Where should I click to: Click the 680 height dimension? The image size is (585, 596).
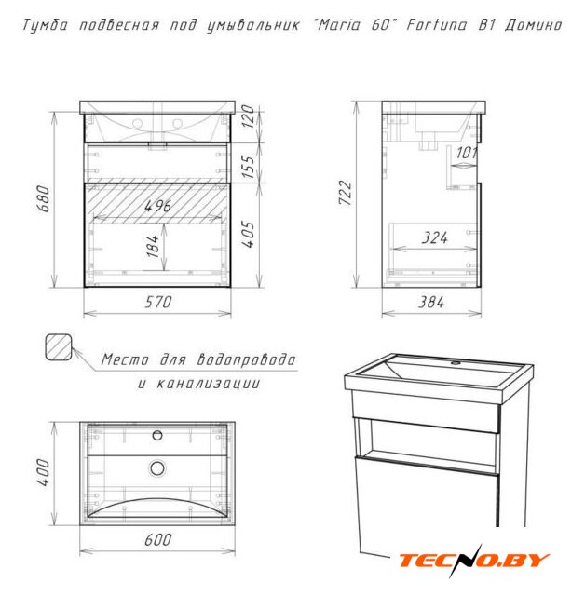(44, 198)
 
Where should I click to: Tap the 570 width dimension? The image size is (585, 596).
(158, 302)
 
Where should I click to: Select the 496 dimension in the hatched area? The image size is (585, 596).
(157, 206)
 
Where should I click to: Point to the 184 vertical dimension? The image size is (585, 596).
(153, 246)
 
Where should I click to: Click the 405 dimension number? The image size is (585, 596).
(248, 234)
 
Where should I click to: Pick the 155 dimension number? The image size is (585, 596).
(248, 167)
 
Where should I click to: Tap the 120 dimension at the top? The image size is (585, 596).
(248, 116)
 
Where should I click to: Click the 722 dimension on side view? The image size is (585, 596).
(346, 193)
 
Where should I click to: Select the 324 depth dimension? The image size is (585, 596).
(434, 237)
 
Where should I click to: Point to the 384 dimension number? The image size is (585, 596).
(431, 302)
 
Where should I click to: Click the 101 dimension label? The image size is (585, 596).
(466, 153)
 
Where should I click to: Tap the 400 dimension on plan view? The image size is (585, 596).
(44, 472)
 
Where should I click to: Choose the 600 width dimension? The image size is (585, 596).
(158, 539)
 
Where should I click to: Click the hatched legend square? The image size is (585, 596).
(59, 347)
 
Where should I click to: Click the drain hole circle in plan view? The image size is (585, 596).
(157, 468)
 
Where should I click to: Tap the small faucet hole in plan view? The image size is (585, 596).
(157, 435)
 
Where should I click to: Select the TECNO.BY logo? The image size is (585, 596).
(474, 561)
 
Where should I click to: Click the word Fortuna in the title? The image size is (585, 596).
(437, 25)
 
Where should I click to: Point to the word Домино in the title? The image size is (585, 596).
(534, 25)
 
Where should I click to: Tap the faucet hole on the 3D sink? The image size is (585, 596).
(456, 363)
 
